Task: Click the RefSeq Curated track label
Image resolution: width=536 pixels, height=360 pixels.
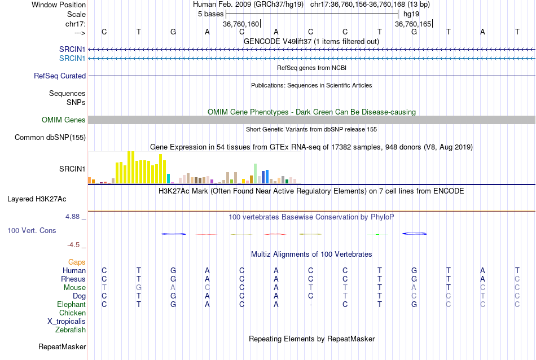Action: [60, 76]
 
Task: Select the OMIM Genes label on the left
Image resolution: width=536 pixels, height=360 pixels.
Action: [63, 120]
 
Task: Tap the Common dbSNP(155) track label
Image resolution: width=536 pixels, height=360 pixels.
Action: [50, 138]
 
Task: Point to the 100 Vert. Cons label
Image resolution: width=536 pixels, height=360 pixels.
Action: [32, 231]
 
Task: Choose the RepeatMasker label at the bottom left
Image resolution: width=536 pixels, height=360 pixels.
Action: [62, 346]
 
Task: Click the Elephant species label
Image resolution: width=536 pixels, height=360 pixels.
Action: [71, 305]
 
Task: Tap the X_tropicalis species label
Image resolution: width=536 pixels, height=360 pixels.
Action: [67, 322]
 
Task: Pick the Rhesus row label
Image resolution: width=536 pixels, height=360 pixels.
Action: [73, 279]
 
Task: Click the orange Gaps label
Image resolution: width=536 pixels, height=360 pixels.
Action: [77, 262]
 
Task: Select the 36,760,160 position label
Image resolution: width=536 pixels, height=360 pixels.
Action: [241, 24]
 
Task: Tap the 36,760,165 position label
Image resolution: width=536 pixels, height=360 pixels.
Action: [413, 24]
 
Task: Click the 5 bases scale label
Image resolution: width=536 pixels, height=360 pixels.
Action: [210, 14]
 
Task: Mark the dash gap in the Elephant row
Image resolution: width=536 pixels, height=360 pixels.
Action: [310, 305]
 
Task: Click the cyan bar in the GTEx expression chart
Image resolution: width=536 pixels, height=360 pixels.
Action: [169, 178]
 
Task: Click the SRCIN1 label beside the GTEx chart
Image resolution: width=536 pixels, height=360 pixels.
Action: [72, 169]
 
